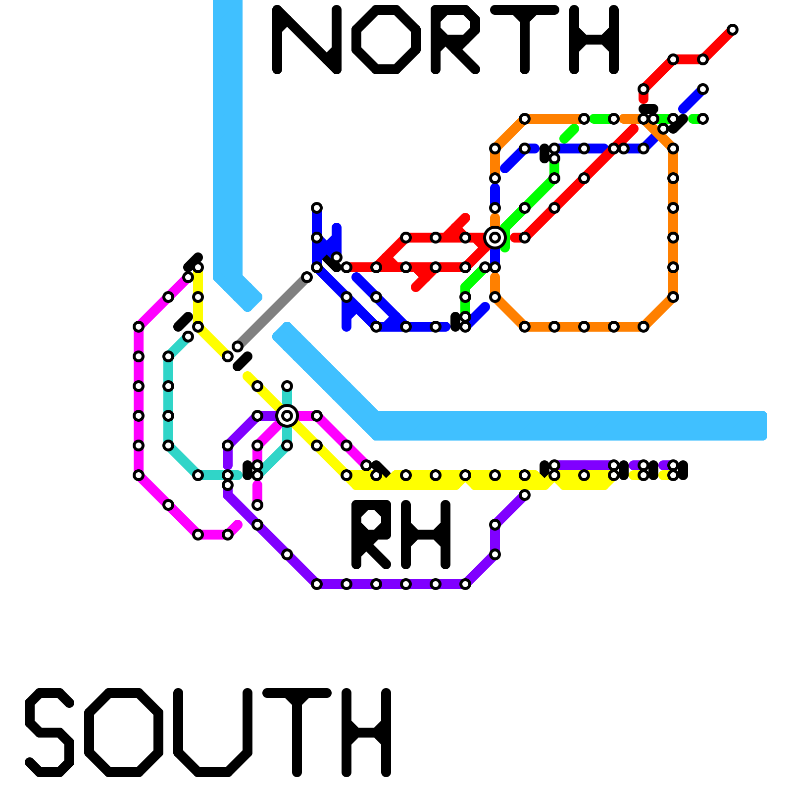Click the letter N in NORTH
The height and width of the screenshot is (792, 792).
pyautogui.click(x=307, y=40)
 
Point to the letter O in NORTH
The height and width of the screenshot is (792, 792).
pyautogui.click(x=386, y=40)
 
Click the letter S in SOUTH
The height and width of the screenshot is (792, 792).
pyautogui.click(x=49, y=733)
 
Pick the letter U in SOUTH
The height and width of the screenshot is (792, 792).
pyautogui.click(x=213, y=733)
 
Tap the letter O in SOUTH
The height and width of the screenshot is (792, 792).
pyautogui.click(x=124, y=733)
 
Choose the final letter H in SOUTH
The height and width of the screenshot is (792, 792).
pyautogui.click(x=366, y=733)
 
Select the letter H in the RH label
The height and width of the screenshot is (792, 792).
pyautogui.click(x=426, y=535)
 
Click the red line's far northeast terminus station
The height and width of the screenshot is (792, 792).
pyautogui.click(x=733, y=30)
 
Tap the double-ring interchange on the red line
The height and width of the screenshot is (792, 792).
pyautogui.click(x=495, y=238)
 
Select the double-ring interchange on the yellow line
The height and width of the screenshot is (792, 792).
pyautogui.click(x=287, y=416)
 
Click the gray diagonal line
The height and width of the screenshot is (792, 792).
pyautogui.click(x=272, y=312)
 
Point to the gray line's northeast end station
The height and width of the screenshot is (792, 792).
pyautogui.click(x=307, y=277)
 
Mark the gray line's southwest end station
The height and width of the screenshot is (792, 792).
pyautogui.click(x=238, y=346)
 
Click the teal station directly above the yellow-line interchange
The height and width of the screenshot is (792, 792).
pyautogui.click(x=287, y=386)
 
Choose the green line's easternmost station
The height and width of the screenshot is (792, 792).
pyautogui.click(x=703, y=119)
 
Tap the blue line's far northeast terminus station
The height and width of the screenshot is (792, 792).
pyautogui.click(x=703, y=89)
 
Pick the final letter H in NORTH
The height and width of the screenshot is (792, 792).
pyautogui.click(x=594, y=40)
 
